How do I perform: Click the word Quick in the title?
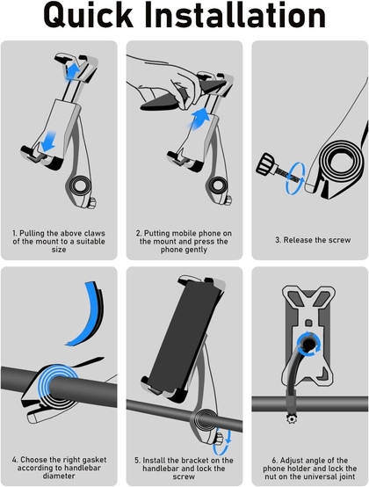pyautogui.click(x=89, y=16)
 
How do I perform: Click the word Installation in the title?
pyautogui.click(x=235, y=15)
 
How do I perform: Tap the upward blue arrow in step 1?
pyautogui.click(x=73, y=71)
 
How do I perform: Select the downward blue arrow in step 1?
pyautogui.click(x=48, y=142)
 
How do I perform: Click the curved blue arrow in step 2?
pyautogui.click(x=198, y=120)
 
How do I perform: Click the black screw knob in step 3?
pyautogui.click(x=266, y=164)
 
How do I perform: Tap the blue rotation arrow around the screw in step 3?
pyautogui.click(x=295, y=178)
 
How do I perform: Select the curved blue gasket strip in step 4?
pyautogui.click(x=88, y=314)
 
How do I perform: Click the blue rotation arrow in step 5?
pyautogui.click(x=222, y=442)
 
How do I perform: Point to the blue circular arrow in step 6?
pyautogui.click(x=308, y=345)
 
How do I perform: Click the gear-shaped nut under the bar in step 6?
pyautogui.click(x=292, y=419)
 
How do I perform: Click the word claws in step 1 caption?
pyautogui.click(x=95, y=233)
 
